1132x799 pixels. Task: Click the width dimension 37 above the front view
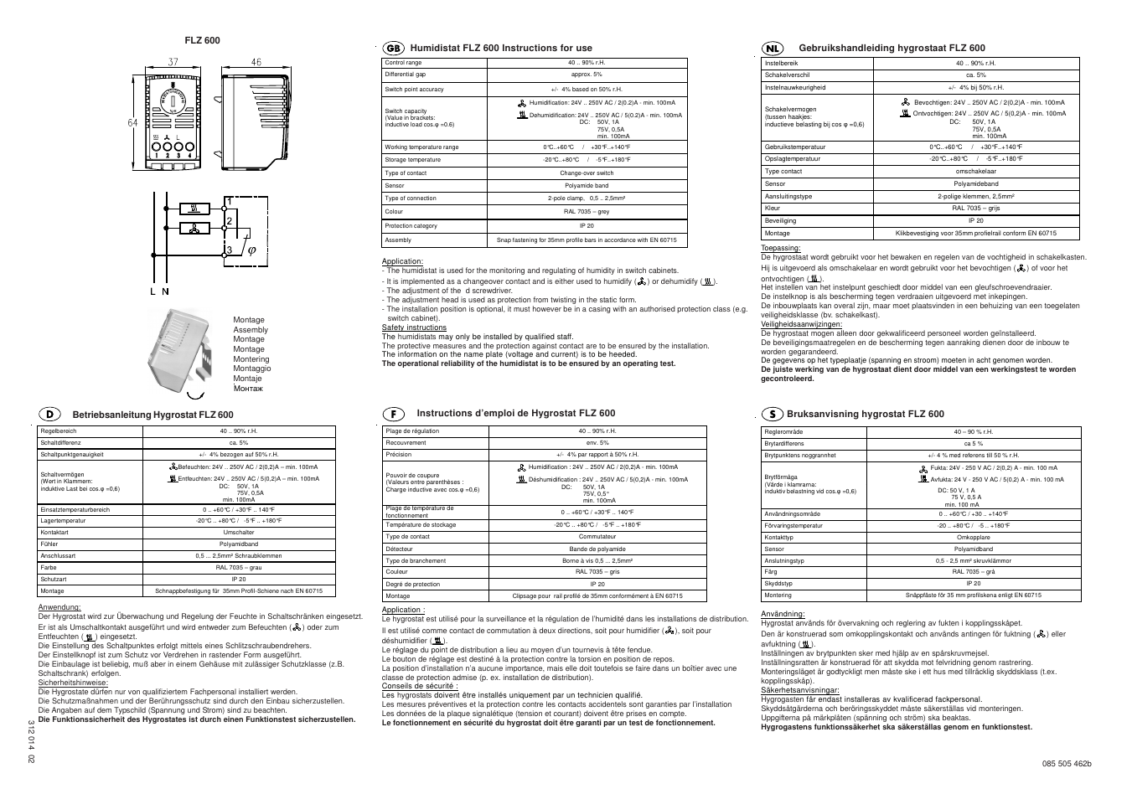(x=173, y=62)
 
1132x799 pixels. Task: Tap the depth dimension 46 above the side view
(x=256, y=62)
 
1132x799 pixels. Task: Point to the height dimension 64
(x=132, y=122)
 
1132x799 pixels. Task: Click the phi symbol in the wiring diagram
(x=251, y=250)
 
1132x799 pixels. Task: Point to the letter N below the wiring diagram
(x=165, y=291)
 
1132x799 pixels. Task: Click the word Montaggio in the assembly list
(x=251, y=369)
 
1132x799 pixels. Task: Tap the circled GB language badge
(x=394, y=48)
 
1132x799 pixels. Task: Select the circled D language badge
(x=49, y=415)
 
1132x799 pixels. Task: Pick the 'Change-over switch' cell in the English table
(x=587, y=173)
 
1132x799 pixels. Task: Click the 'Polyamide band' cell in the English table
(x=587, y=186)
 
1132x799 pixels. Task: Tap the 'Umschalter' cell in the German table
(x=239, y=533)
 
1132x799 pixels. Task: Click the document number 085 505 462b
(x=1067, y=763)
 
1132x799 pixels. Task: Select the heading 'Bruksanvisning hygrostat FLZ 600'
(x=866, y=414)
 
